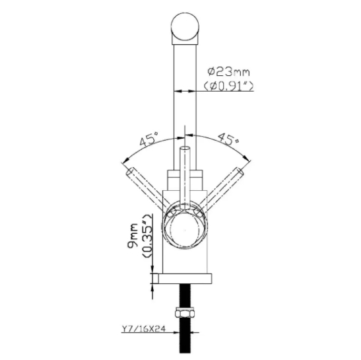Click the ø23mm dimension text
[228, 72]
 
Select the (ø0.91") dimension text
[228, 86]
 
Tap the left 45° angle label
[149, 139]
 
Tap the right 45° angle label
[228, 139]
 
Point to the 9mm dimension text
[133, 236]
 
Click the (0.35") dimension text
[147, 236]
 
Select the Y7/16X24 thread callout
[143, 329]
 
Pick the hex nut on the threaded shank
[184, 312]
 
